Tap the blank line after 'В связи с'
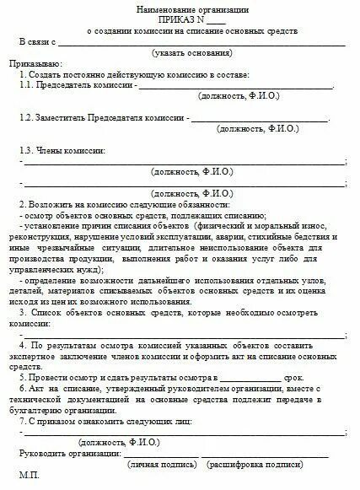[x=202, y=43]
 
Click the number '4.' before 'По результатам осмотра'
[x=23, y=345]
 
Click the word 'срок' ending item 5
[x=294, y=379]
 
